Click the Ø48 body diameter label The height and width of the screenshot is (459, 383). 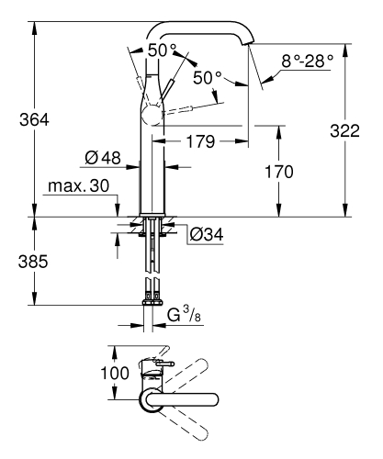(103, 158)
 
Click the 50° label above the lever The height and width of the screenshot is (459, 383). (162, 50)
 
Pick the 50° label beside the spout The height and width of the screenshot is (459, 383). (209, 79)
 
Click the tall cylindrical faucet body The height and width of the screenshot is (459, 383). (152, 165)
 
